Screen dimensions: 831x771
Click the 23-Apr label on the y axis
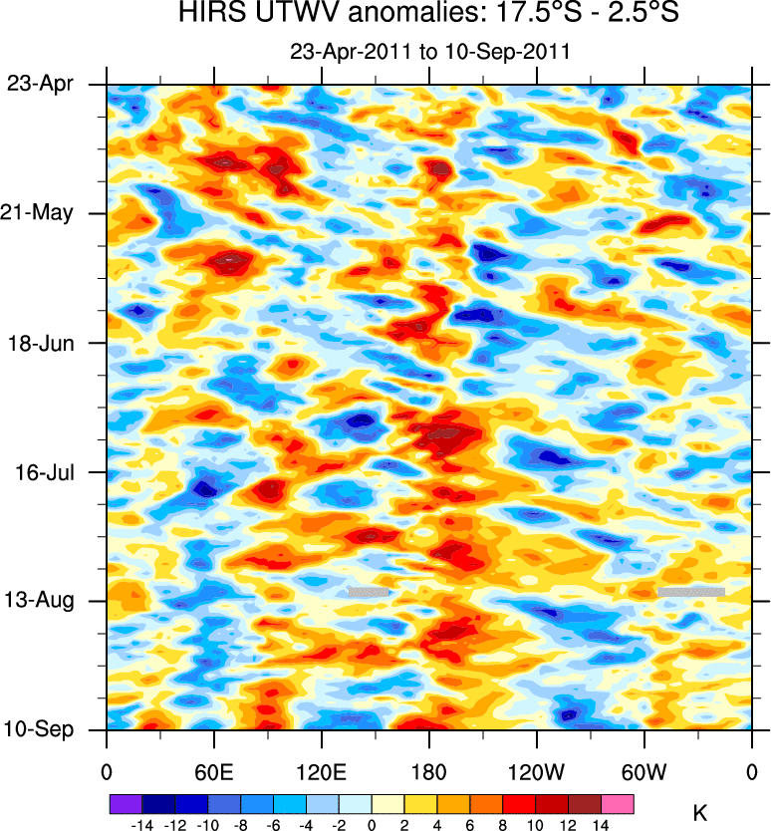(x=40, y=84)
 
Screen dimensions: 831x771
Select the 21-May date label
(x=39, y=213)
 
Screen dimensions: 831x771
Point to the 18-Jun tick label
(x=40, y=343)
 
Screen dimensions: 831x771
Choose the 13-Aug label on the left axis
(x=39, y=601)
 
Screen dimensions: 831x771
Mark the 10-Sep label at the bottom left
(x=39, y=730)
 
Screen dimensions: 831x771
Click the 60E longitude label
(x=213, y=771)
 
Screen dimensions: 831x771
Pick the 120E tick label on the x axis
(x=321, y=771)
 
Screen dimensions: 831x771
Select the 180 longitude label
(x=428, y=771)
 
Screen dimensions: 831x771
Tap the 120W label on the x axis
(x=536, y=771)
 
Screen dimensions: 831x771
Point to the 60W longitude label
(x=643, y=771)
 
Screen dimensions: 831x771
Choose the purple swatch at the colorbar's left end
(x=125, y=802)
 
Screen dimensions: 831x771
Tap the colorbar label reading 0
(x=371, y=823)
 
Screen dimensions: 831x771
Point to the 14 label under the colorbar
(x=601, y=823)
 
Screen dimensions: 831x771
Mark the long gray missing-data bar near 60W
(x=690, y=592)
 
